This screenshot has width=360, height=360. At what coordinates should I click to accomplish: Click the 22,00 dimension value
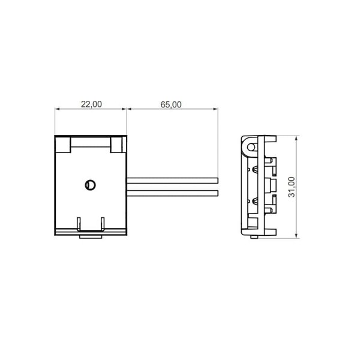tap(91, 104)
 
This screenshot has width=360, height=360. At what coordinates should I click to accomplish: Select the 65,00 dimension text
tap(171, 104)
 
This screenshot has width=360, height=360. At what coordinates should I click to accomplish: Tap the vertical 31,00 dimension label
tap(291, 187)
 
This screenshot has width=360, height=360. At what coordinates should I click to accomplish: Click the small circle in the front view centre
tap(90, 185)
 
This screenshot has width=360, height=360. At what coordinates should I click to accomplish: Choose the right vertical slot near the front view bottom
tap(103, 223)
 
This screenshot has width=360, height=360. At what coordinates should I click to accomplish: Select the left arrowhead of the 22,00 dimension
tap(57, 109)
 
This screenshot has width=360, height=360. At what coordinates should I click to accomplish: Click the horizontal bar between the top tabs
tap(90, 146)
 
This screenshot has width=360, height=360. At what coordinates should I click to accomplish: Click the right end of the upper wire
tap(216, 179)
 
